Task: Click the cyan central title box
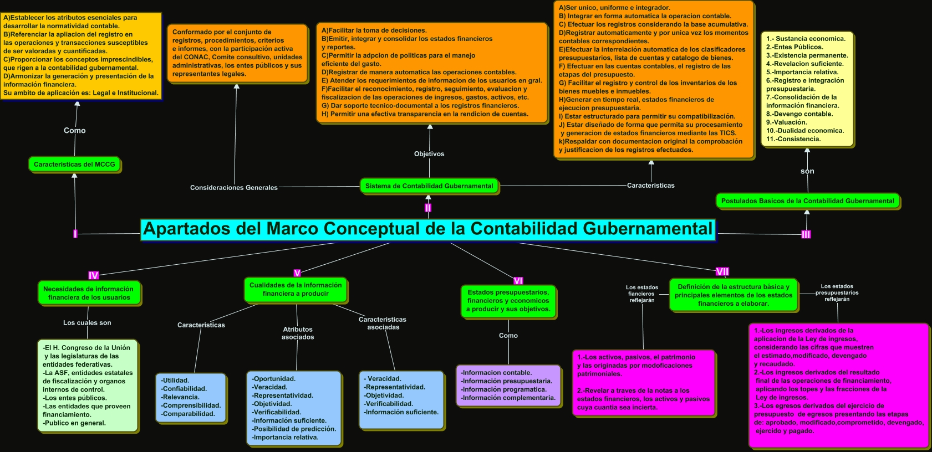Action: pyautogui.click(x=427, y=229)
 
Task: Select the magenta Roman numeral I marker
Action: pyautogui.click(x=75, y=234)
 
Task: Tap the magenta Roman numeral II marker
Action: pyautogui.click(x=428, y=208)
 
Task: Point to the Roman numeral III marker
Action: pyautogui.click(x=806, y=234)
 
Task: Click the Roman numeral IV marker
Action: pyautogui.click(x=93, y=275)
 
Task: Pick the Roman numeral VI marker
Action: pyautogui.click(x=518, y=281)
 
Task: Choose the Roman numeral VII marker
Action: pyautogui.click(x=722, y=271)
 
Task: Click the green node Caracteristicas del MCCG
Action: pyautogui.click(x=74, y=165)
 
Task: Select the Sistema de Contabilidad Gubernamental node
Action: pyautogui.click(x=429, y=186)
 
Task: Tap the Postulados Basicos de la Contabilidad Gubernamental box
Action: pyautogui.click(x=807, y=201)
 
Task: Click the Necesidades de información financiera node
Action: pyautogui.click(x=88, y=293)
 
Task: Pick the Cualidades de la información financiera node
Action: pyautogui.click(x=296, y=289)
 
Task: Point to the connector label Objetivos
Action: pyautogui.click(x=429, y=154)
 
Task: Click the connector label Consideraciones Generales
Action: pyautogui.click(x=233, y=188)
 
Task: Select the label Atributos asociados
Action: pyautogui.click(x=298, y=333)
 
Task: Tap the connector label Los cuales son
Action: pyautogui.click(x=87, y=323)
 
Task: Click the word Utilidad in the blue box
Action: pyautogui.click(x=176, y=381)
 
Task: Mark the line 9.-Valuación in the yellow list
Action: pyautogui.click(x=787, y=122)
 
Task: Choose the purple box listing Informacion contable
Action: pyautogui.click(x=507, y=385)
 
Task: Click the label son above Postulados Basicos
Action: pyautogui.click(x=807, y=171)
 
